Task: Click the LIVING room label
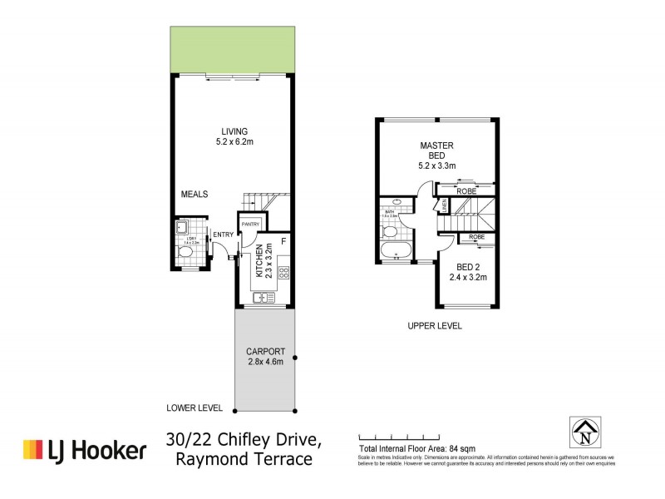pyautogui.click(x=234, y=131)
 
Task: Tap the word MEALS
pyautogui.click(x=195, y=195)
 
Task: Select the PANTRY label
pyautogui.click(x=251, y=225)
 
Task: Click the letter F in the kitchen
pyautogui.click(x=283, y=242)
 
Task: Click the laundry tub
pyautogui.click(x=180, y=228)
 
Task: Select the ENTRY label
pyautogui.click(x=223, y=235)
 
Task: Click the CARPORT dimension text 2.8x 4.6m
pyautogui.click(x=264, y=362)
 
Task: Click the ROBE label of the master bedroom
pyautogui.click(x=467, y=190)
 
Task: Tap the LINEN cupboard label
pyautogui.click(x=444, y=205)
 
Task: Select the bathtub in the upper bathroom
pyautogui.click(x=394, y=251)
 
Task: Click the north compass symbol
pyautogui.click(x=587, y=430)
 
